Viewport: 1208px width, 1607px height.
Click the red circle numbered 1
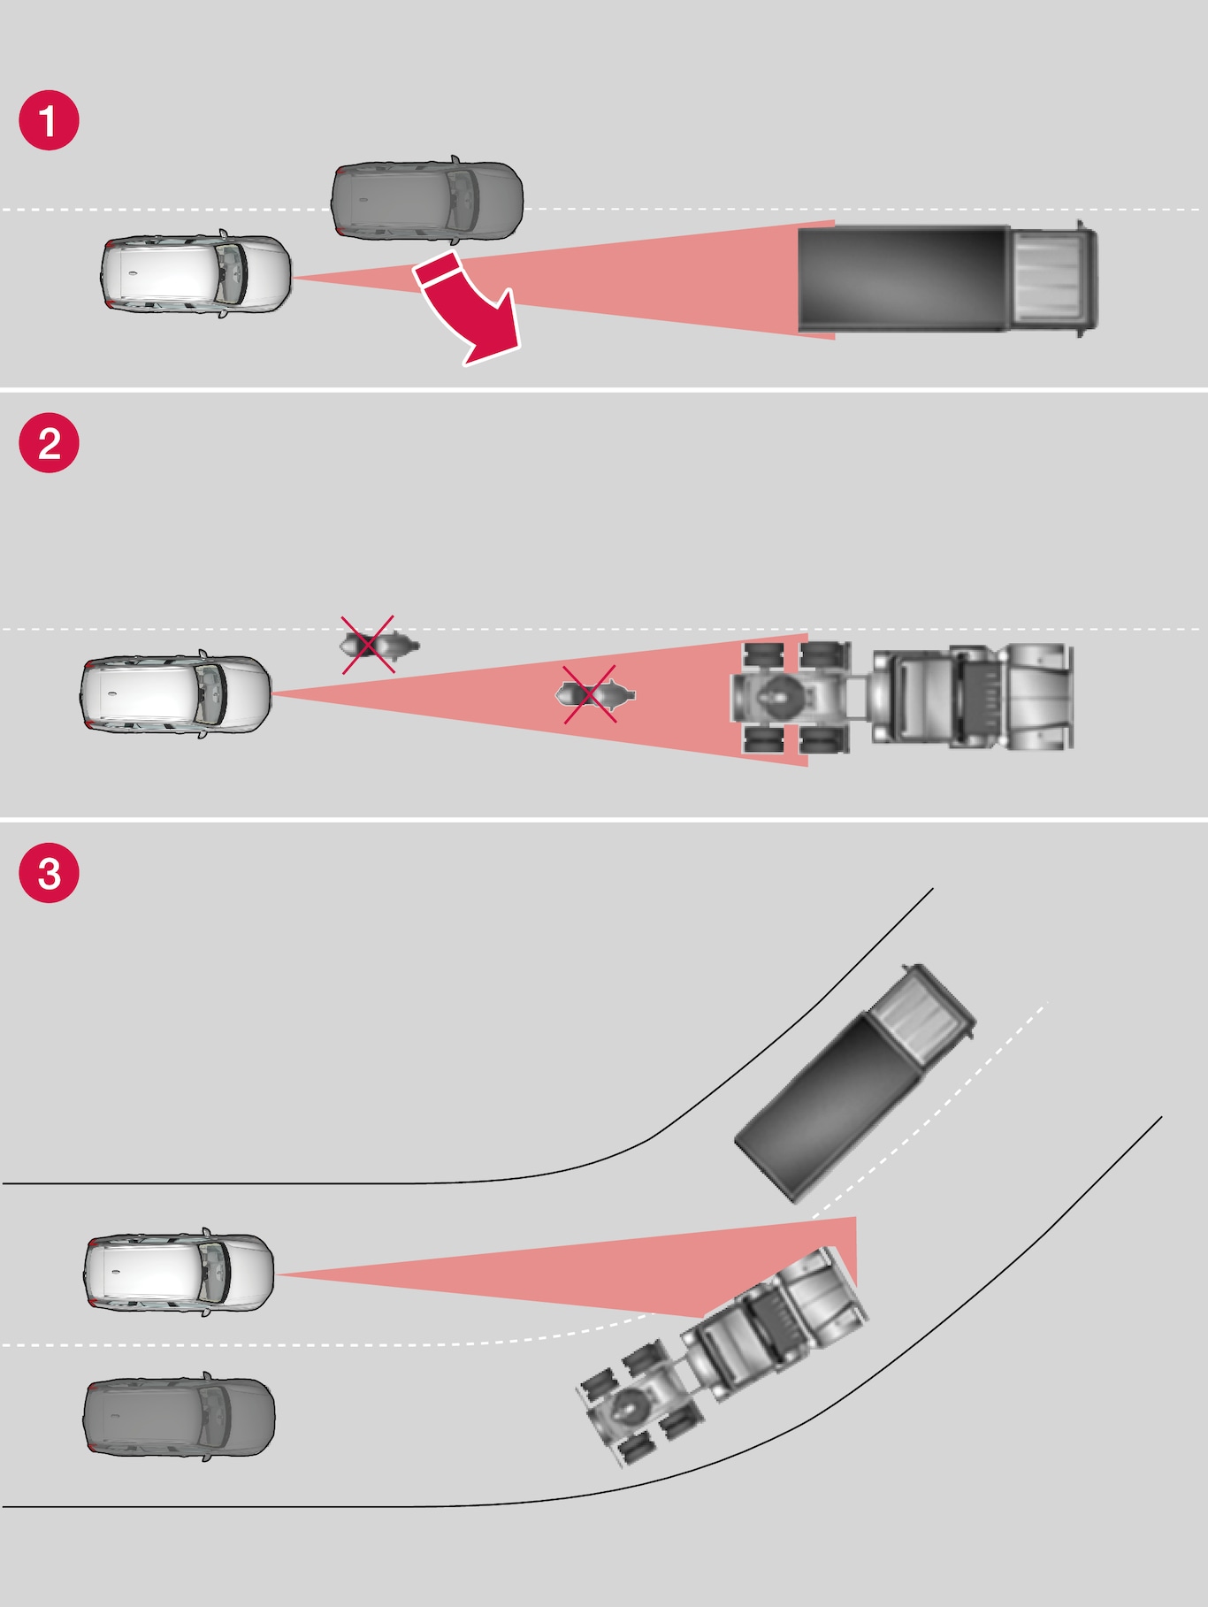tap(50, 120)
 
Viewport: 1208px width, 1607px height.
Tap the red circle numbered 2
tap(50, 442)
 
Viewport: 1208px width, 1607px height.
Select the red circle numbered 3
tap(50, 872)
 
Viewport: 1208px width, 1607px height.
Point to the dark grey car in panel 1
tap(427, 200)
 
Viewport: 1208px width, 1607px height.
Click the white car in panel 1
tap(195, 273)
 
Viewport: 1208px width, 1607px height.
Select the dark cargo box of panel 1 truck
tap(904, 279)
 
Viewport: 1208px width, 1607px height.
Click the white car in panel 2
tap(176, 694)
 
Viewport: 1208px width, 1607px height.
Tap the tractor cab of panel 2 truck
tap(973, 697)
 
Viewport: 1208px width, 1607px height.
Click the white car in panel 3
tap(180, 1273)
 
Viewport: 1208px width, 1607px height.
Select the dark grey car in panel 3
tap(180, 1416)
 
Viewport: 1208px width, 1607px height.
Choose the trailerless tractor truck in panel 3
tap(723, 1356)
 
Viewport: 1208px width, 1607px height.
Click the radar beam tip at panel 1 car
tap(294, 278)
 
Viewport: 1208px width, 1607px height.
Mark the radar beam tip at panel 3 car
tap(277, 1274)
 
